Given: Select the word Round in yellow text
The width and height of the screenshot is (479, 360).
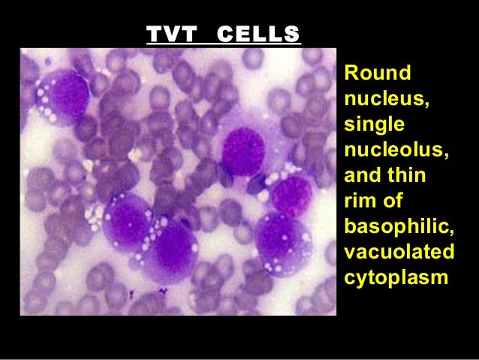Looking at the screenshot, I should (x=377, y=74).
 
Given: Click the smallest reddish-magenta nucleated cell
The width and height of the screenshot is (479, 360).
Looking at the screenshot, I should (x=292, y=196).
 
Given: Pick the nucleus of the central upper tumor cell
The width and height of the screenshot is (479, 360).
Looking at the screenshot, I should (x=245, y=151).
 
